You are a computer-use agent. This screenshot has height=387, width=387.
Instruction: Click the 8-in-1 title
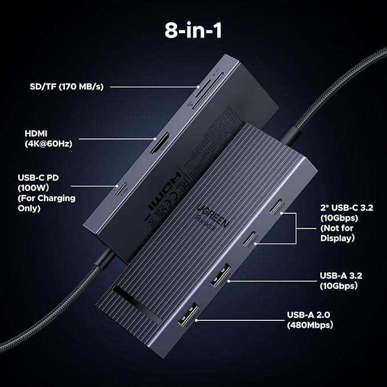pos(193,30)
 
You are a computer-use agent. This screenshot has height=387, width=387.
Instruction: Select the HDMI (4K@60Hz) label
pos(50,137)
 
